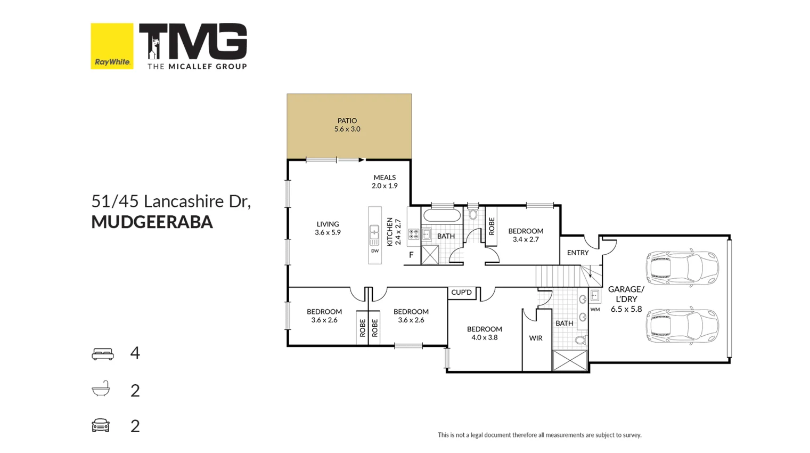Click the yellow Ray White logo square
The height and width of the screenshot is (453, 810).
point(112,46)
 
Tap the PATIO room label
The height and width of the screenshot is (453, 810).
point(347,121)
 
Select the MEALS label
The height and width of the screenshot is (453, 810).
point(384,177)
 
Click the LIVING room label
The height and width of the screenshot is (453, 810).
point(328,224)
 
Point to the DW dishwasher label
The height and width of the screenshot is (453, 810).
point(375,251)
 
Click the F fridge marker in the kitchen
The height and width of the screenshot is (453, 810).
point(411,255)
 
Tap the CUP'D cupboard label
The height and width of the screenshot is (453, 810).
point(461,293)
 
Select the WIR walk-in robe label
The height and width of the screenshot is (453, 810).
point(536,338)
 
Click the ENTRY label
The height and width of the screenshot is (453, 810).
point(578,253)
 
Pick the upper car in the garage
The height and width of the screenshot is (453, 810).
point(682,268)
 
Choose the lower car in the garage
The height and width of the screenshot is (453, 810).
point(682,325)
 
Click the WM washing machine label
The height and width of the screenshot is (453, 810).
point(595,310)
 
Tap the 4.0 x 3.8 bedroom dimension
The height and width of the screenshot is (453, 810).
point(485,337)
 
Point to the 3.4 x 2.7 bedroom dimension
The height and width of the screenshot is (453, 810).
point(526,239)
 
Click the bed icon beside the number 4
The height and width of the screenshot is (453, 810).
point(103,354)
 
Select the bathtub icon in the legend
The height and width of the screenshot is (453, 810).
point(101,390)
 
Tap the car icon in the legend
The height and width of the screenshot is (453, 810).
point(101,425)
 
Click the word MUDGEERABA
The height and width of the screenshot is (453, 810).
point(152,222)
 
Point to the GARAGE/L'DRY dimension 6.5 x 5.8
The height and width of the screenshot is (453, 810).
point(626,309)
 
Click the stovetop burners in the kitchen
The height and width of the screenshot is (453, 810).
point(414,234)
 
